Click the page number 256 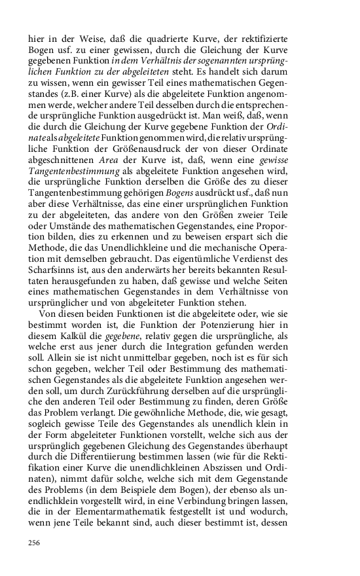click(x=34, y=543)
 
